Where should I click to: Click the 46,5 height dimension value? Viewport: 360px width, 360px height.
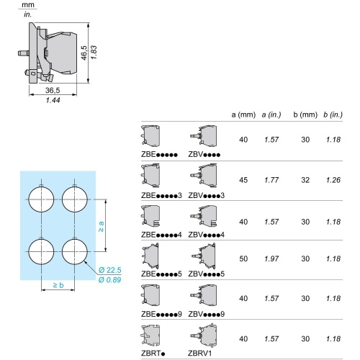pyautogui.click(x=84, y=53)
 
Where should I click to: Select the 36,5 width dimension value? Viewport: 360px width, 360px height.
pyautogui.click(x=53, y=91)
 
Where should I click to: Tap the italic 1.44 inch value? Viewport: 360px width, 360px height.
pyautogui.click(x=53, y=100)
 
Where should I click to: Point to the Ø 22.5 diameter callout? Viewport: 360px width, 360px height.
pyautogui.click(x=110, y=270)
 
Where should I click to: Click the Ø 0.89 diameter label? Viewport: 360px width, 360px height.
pyautogui.click(x=109, y=280)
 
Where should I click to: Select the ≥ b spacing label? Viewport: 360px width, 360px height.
pyautogui.click(x=58, y=285)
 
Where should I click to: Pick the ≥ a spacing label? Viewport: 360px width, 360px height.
pyautogui.click(x=101, y=227)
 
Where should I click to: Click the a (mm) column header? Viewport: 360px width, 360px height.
pyautogui.click(x=243, y=114)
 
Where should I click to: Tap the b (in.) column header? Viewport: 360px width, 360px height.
pyautogui.click(x=333, y=114)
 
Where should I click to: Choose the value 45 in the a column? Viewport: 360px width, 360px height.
pyautogui.click(x=243, y=180)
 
